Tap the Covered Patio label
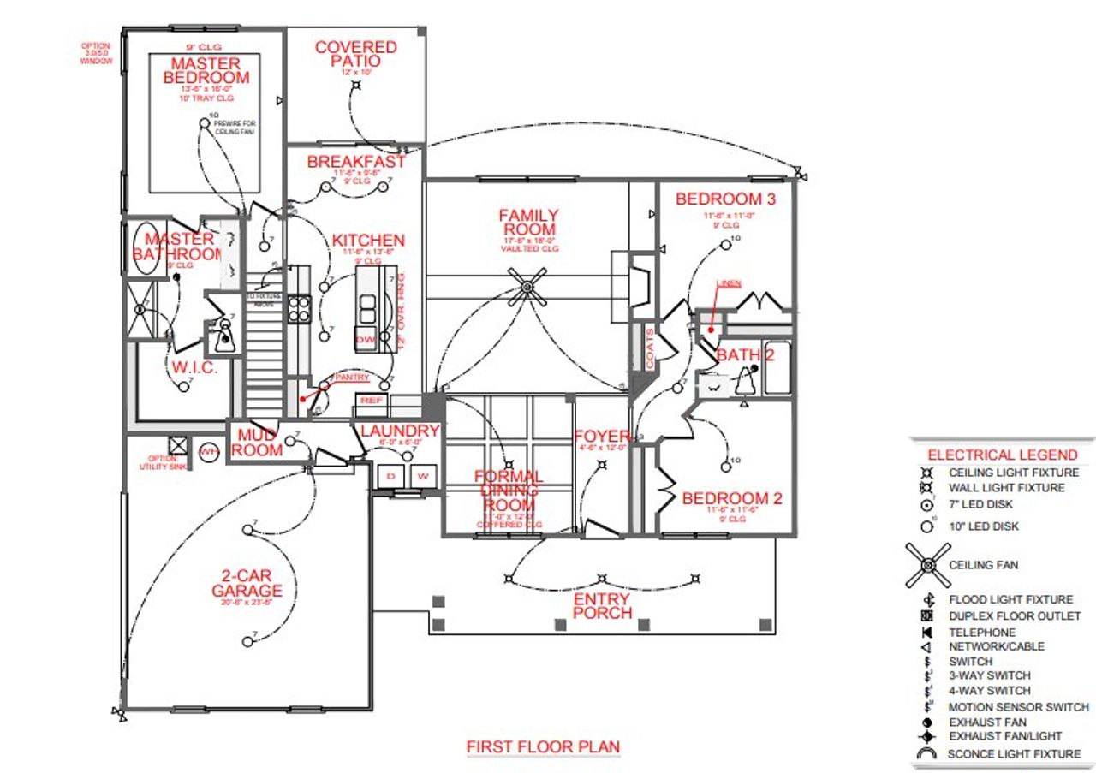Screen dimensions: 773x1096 356,54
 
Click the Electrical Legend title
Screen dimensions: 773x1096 1003,455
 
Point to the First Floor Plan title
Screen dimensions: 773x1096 543,747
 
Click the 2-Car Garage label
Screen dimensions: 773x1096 247,583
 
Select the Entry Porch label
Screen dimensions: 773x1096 601,606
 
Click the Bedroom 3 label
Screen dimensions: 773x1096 725,199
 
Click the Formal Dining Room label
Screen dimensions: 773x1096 509,490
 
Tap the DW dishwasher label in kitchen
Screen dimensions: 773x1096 366,340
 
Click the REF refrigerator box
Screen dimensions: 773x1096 371,401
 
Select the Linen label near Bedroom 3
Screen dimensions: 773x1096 729,283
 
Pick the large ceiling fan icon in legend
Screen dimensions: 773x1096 927,566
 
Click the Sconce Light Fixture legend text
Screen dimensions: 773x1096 1013,754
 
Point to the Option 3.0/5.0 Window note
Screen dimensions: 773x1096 96,54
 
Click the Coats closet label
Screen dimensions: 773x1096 648,348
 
